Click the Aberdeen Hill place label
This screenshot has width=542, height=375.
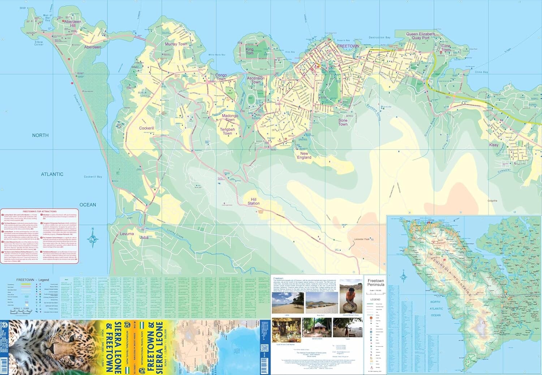(72, 24)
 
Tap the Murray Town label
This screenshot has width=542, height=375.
(176, 44)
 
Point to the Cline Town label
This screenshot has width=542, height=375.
(446, 48)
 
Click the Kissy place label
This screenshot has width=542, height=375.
(494, 145)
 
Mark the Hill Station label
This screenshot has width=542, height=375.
(254, 201)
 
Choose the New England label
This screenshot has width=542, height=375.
(304, 155)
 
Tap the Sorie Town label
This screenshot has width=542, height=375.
(343, 122)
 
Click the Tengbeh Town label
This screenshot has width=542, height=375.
(227, 131)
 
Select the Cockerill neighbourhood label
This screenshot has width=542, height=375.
(147, 128)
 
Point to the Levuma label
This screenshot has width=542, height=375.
(127, 234)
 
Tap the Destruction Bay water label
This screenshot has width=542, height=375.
(379, 38)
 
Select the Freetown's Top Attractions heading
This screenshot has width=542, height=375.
(39, 211)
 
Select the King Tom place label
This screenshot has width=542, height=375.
(249, 51)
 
